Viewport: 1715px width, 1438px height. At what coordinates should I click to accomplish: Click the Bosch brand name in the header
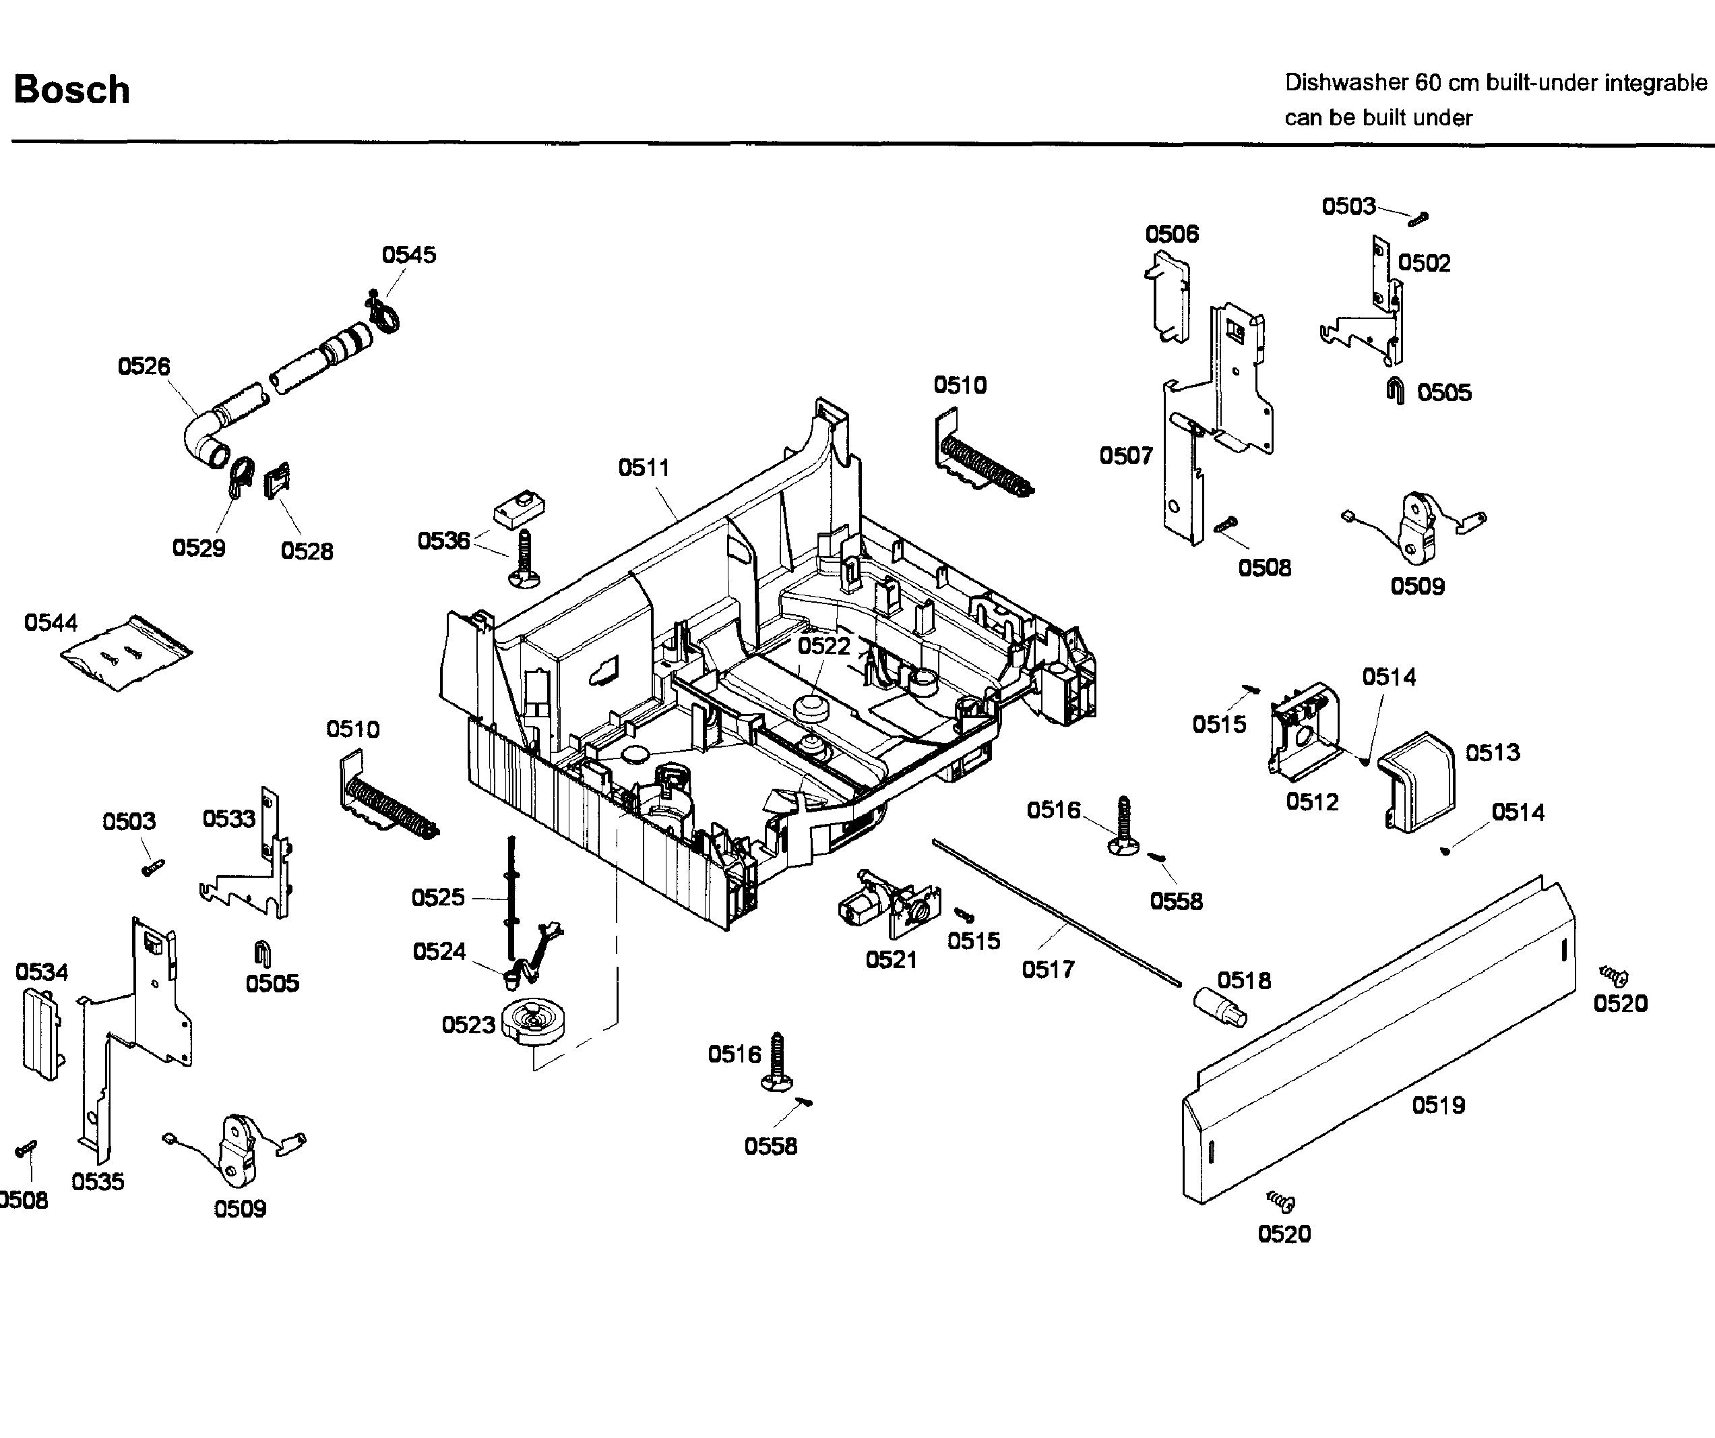[x=72, y=90]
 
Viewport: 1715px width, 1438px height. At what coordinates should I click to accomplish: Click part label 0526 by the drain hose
[x=144, y=366]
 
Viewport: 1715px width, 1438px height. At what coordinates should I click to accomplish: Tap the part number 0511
[x=644, y=468]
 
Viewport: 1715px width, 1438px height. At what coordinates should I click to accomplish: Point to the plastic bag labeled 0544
[x=127, y=654]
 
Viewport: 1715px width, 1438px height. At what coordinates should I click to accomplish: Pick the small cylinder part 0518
[x=1219, y=1007]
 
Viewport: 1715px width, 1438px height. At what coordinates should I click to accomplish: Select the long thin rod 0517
[x=1053, y=911]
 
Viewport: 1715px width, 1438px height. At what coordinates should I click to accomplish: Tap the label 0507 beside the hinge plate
[x=1126, y=456]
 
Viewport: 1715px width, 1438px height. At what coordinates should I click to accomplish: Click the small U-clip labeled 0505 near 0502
[x=1396, y=392]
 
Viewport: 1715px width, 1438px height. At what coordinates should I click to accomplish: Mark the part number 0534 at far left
[x=42, y=972]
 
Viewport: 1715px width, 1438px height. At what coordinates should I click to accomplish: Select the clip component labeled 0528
[x=277, y=481]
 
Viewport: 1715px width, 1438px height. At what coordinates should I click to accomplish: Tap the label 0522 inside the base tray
[x=824, y=647]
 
